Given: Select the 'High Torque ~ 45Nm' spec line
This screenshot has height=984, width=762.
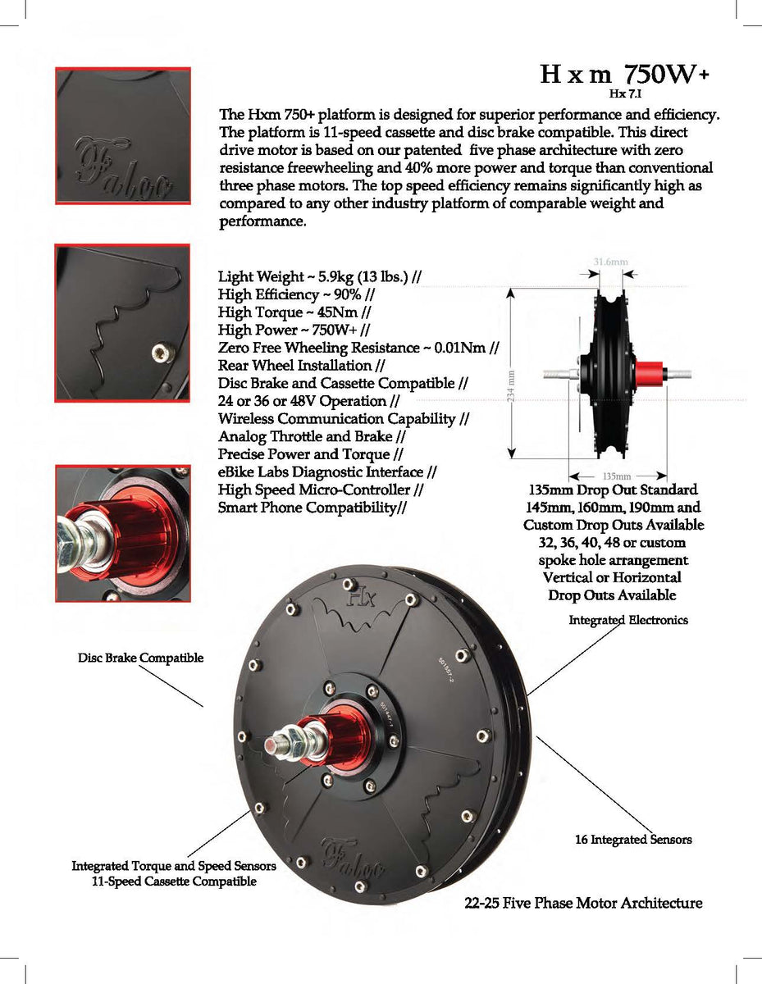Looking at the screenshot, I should click(294, 312).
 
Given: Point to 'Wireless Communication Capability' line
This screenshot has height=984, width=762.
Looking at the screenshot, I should click(343, 419).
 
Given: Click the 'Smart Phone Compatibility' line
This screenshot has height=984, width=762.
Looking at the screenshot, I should click(313, 508).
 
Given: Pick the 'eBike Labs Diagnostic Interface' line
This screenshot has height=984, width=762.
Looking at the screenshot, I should click(327, 472).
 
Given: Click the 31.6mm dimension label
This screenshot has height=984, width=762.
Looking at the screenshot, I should click(610, 262).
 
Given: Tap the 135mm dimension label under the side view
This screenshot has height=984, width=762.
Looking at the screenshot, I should click(616, 476).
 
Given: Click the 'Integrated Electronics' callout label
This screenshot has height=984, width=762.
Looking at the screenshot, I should click(628, 620).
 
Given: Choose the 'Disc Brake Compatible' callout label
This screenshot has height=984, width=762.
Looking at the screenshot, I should click(140, 658).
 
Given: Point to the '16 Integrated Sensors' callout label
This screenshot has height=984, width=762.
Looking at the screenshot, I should click(632, 840).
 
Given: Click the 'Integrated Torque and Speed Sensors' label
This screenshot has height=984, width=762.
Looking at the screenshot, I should click(174, 866).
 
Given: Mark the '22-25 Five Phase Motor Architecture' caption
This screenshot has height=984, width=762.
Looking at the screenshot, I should click(582, 904).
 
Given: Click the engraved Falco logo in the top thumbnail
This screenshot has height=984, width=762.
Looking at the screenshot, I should click(123, 169).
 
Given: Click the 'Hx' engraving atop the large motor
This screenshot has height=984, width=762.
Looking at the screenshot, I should click(358, 597).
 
